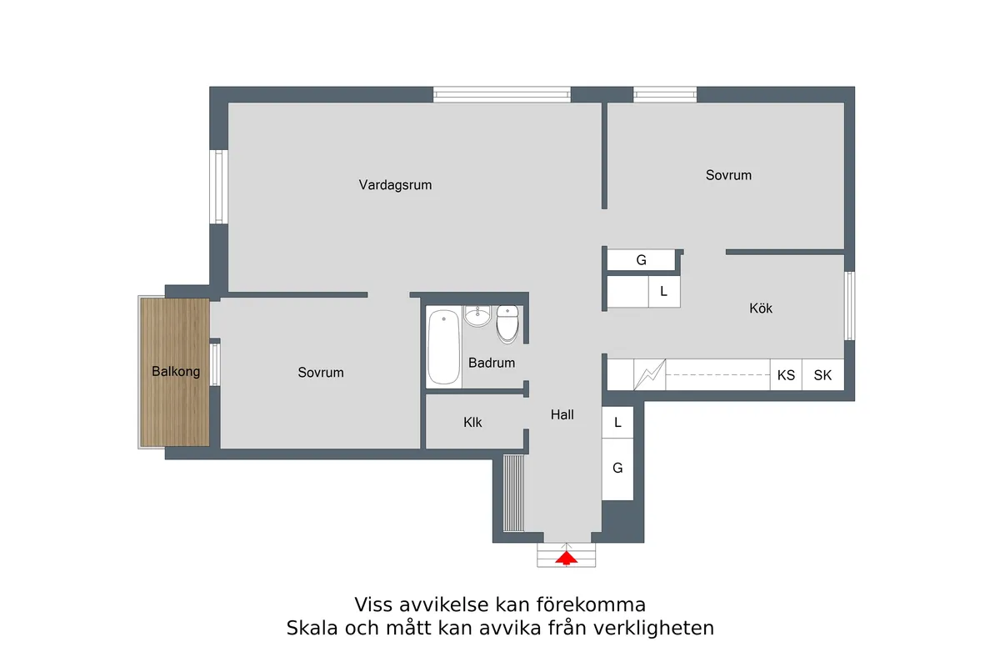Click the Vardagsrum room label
(395, 185)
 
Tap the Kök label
(761, 308)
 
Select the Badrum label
(492, 364)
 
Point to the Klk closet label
(473, 423)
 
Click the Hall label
(562, 414)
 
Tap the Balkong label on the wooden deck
(176, 372)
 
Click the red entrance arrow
(566, 558)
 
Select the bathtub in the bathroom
(444, 347)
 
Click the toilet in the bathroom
(507, 325)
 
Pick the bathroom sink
(477, 317)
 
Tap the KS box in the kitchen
(786, 375)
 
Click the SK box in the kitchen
(822, 375)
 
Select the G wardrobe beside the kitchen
(641, 260)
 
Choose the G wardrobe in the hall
(617, 469)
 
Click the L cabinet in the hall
(617, 423)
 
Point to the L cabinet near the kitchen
(664, 292)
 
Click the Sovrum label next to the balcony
(321, 373)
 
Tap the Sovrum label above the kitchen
(728, 175)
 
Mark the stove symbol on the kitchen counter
(649, 375)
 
